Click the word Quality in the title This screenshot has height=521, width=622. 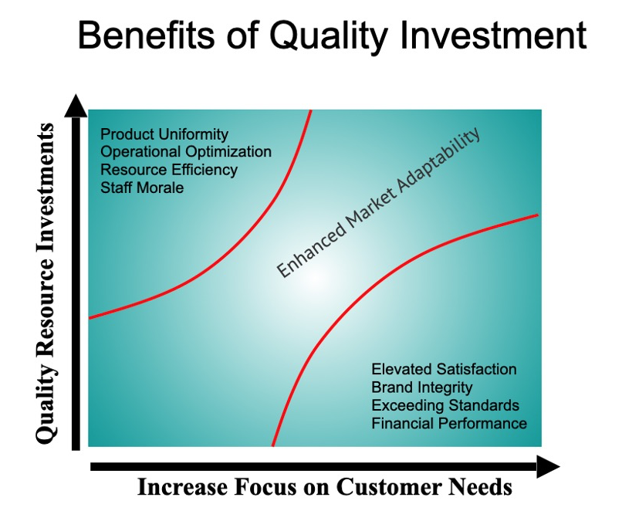click(313, 36)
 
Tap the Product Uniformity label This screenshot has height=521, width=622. click(164, 134)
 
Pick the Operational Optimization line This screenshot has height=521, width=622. click(186, 152)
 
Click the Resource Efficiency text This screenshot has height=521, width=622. click(169, 169)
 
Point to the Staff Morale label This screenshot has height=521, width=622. click(142, 187)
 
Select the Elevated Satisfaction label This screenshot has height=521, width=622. click(444, 370)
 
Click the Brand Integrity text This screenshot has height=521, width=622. click(421, 387)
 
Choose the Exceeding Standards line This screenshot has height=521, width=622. click(445, 405)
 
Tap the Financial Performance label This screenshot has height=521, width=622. click(449, 423)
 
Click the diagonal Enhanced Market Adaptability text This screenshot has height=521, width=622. click(378, 201)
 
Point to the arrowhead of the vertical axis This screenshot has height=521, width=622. click(75, 104)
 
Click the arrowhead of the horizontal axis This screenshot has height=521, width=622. click(547, 466)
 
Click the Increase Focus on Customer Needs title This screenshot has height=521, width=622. click(324, 488)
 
